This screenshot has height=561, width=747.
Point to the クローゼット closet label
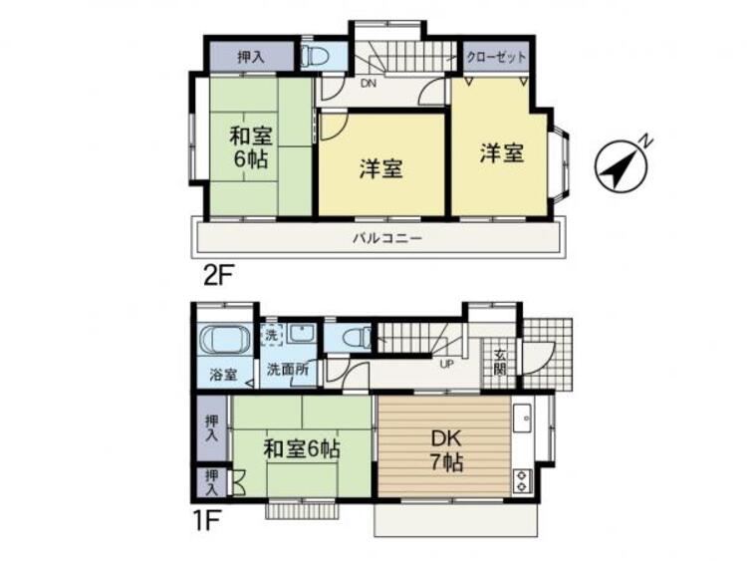tap(497, 57)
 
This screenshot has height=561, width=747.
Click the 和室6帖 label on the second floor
tap(253, 146)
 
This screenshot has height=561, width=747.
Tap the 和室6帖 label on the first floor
tap(301, 449)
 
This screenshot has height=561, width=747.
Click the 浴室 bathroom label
tap(223, 376)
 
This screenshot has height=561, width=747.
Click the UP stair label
tap(447, 363)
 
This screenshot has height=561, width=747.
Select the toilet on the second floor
tap(313, 56)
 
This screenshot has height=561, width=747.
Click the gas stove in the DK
tap(522, 482)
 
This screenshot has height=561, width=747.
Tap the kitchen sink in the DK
tap(523, 418)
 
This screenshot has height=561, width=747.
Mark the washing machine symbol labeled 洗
tap(272, 336)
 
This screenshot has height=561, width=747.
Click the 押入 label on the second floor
tap(251, 57)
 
